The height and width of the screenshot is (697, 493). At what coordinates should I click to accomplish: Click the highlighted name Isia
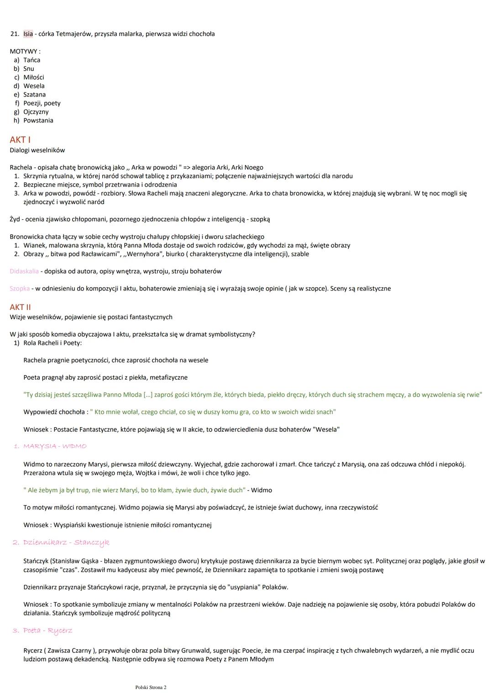28,34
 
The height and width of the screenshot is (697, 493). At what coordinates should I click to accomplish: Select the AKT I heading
20,140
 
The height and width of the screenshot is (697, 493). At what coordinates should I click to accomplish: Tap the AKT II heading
21,307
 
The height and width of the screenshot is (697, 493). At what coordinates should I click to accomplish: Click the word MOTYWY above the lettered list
25,52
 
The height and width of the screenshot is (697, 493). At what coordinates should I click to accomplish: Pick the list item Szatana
35,94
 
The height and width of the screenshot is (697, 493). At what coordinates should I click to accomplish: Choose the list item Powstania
38,120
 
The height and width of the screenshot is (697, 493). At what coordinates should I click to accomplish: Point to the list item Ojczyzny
36,112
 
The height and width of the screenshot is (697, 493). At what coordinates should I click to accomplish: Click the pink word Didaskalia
24,271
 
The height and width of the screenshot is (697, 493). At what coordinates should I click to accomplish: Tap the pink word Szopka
20,289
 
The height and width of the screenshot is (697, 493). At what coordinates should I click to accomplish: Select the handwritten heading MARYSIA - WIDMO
55,446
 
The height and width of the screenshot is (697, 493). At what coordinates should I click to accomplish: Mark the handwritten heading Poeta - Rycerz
48,631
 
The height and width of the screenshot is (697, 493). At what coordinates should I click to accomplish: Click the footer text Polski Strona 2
151,687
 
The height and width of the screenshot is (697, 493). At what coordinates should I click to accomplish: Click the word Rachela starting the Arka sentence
21,167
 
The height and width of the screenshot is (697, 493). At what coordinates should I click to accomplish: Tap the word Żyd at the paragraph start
15,219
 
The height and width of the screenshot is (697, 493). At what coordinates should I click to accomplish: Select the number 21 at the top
14,34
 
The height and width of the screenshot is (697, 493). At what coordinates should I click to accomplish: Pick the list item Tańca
32,60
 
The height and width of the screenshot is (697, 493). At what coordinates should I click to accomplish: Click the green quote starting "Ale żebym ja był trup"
134,490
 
